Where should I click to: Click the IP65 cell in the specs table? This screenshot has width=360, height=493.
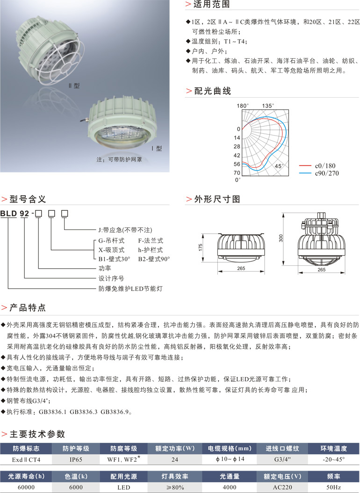click(76, 459)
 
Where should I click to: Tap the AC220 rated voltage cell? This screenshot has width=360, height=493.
click(282, 487)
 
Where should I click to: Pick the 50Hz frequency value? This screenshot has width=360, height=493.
click(333, 487)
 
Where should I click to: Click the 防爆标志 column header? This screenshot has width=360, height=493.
click(26, 448)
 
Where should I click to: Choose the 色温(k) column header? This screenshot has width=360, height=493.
click(76, 476)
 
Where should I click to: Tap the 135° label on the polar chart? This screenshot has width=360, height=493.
click(268, 106)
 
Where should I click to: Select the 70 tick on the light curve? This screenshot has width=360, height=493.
click(237, 172)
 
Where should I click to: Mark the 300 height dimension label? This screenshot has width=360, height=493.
click(281, 238)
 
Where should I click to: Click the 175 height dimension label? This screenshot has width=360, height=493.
click(201, 248)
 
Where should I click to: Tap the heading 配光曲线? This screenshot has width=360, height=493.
click(213, 91)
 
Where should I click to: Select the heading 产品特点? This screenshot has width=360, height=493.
click(28, 307)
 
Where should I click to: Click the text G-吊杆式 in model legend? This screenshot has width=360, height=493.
click(111, 241)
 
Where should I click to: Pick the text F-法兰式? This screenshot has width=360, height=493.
click(151, 241)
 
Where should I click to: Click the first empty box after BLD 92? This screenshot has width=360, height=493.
click(38, 214)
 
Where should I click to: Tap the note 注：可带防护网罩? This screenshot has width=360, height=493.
click(119, 159)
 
